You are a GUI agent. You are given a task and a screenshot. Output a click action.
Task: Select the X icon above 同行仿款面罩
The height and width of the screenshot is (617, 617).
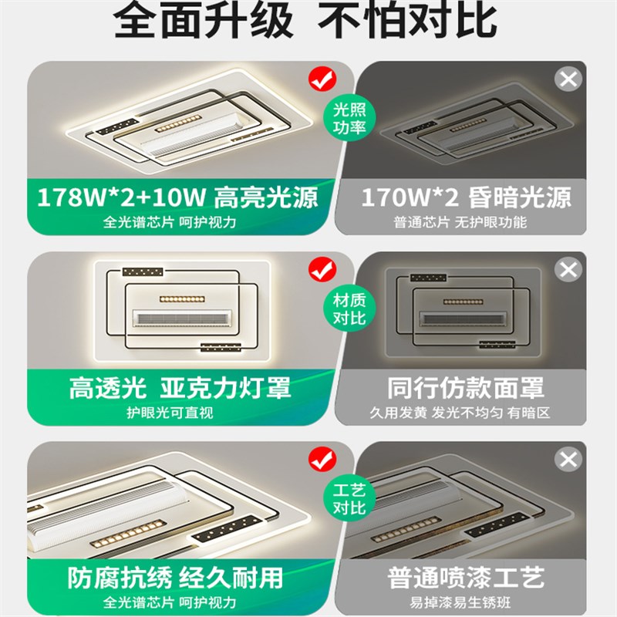point(568,270)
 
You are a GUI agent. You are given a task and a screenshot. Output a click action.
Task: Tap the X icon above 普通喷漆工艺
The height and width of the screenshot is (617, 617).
point(568,460)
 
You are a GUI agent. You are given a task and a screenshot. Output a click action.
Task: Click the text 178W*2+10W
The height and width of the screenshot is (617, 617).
point(122,197)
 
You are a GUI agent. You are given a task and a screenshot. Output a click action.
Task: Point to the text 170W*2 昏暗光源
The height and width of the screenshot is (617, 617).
point(467,197)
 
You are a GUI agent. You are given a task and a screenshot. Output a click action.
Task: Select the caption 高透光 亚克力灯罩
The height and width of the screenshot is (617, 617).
point(180,388)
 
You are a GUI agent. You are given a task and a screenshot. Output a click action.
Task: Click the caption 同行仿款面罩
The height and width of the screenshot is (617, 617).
point(466,388)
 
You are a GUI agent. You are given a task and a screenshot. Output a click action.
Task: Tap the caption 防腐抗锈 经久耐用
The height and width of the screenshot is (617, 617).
point(176,577)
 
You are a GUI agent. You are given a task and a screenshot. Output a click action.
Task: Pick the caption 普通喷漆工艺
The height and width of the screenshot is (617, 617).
point(466,577)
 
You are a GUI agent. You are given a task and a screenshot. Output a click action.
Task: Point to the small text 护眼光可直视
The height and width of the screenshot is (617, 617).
point(170,413)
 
